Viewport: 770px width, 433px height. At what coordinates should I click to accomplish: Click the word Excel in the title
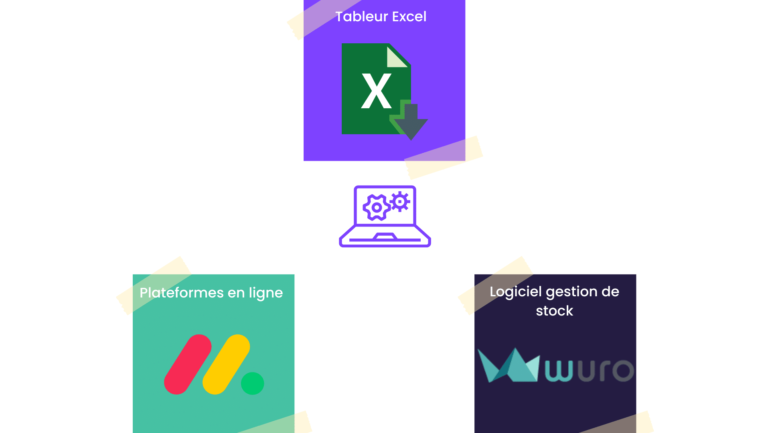(409, 17)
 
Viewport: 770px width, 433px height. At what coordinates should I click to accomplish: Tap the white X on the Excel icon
(376, 91)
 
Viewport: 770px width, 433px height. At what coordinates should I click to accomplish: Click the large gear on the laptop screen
(376, 207)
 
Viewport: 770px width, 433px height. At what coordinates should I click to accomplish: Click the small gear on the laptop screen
(400, 201)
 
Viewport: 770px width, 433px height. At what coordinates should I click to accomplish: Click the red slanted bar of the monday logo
(187, 364)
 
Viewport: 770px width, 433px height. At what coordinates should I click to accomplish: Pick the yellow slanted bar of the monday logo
(226, 364)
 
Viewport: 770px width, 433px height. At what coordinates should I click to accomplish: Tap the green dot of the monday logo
(252, 383)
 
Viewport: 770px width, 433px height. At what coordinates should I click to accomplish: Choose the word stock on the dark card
(554, 311)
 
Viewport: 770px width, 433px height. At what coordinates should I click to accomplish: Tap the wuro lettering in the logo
(590, 370)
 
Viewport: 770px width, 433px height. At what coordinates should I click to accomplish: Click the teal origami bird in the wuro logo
(508, 366)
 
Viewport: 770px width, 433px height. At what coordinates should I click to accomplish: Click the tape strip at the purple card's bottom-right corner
(443, 158)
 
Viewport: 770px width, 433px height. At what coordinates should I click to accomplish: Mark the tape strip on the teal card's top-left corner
(154, 285)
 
